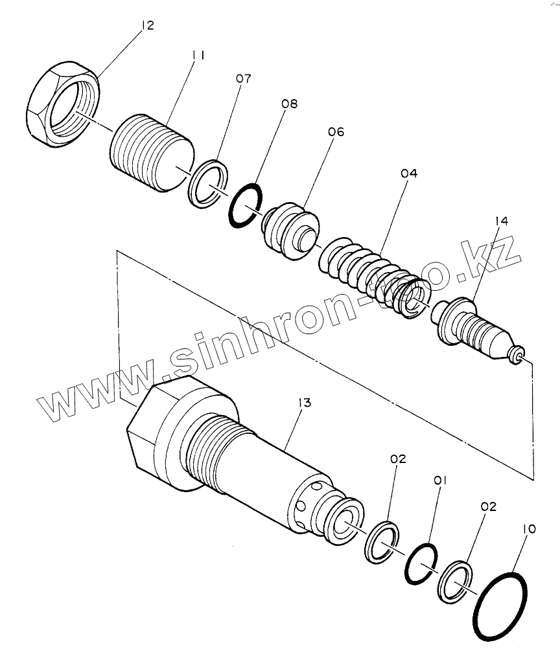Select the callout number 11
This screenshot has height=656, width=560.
[x=198, y=56]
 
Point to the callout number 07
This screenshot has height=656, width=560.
[x=243, y=79]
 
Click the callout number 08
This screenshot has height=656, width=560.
[x=289, y=103]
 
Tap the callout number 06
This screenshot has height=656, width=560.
[x=336, y=132]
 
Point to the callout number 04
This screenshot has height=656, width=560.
[x=409, y=174]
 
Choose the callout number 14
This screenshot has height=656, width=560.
[x=500, y=221]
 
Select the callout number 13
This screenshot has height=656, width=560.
[x=305, y=403]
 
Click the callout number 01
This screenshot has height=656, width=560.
[x=441, y=481]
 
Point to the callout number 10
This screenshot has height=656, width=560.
[x=529, y=529]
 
